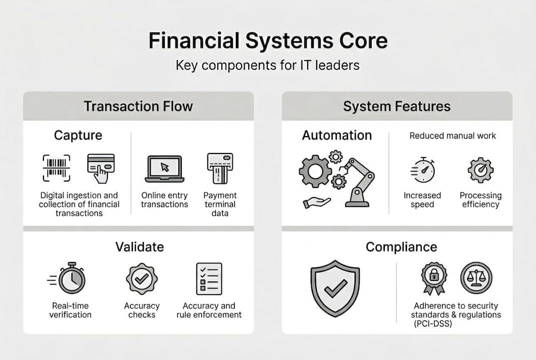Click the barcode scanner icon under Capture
click(56, 167)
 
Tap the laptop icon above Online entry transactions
click(164, 169)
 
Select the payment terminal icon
click(220, 168)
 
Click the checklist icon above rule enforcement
click(209, 278)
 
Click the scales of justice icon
click(476, 278)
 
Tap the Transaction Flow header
click(138, 106)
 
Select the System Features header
click(397, 106)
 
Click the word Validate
click(139, 246)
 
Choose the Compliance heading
click(401, 246)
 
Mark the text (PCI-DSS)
click(433, 324)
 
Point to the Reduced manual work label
click(453, 135)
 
